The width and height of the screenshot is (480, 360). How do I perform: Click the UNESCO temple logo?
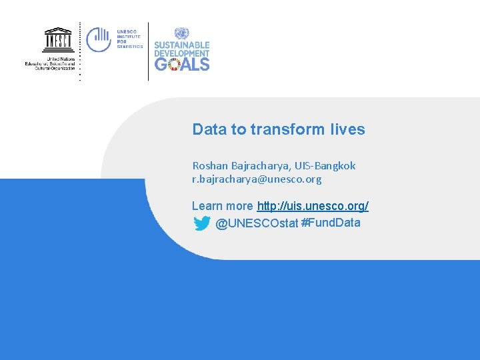(x=58, y=40)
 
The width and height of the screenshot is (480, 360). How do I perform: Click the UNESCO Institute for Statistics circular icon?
(x=99, y=39)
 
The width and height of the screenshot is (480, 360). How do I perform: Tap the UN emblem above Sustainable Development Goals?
(x=181, y=34)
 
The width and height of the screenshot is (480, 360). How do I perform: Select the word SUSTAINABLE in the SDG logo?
(x=182, y=45)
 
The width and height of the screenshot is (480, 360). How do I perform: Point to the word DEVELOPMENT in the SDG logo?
(x=182, y=53)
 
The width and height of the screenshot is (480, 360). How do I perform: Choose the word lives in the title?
(x=347, y=129)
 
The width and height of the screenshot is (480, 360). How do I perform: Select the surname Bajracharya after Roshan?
(x=259, y=165)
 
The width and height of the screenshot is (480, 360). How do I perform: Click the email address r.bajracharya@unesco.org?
(x=257, y=179)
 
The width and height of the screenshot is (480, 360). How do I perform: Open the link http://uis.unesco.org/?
(x=313, y=206)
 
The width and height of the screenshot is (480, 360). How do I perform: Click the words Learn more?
(x=222, y=206)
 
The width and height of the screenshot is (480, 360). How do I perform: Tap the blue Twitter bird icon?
(x=202, y=223)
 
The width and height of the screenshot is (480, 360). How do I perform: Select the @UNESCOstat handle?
(x=257, y=223)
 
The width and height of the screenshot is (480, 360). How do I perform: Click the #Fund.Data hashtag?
(x=331, y=223)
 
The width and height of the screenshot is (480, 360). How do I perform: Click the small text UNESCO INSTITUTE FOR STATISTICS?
(x=129, y=39)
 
